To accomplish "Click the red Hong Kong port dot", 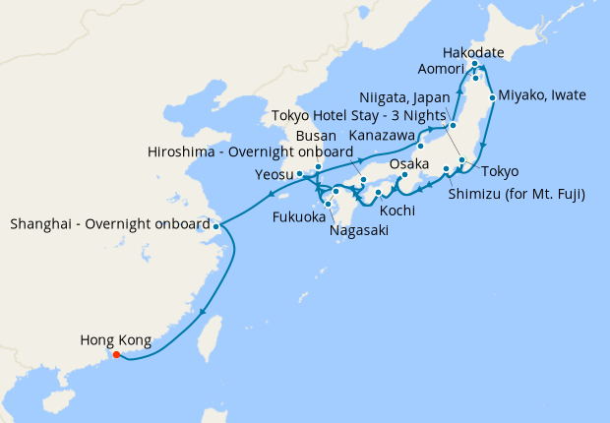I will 116,355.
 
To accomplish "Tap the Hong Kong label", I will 115,341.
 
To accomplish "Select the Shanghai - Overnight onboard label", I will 108,224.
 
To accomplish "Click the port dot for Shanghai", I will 215,227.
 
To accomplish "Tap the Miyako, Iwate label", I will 542,95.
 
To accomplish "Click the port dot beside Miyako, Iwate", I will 492,98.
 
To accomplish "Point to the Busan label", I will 316,134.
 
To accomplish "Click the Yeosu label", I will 274,174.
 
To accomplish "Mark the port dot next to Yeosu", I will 299,174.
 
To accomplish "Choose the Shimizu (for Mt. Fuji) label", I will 517,194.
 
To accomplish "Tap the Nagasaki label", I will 360,230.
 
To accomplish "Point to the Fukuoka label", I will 299,216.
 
